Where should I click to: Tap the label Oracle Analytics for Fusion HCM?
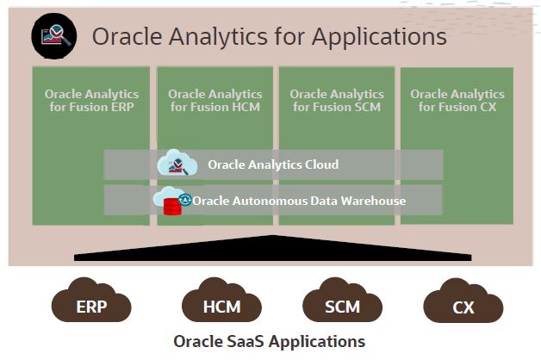click(215, 100)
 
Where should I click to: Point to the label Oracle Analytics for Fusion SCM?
click(336, 100)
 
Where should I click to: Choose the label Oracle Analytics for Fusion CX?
click(457, 100)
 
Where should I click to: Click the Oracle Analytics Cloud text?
click(273, 164)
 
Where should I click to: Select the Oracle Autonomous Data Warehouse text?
click(299, 201)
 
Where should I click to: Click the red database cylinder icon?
click(172, 206)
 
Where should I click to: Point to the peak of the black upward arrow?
click(274, 237)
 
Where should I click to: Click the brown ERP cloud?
click(91, 303)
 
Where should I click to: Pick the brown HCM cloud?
click(221, 303)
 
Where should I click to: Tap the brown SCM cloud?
click(343, 303)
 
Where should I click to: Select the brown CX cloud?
click(463, 303)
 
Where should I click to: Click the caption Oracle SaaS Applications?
click(270, 341)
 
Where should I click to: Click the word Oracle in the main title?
click(126, 37)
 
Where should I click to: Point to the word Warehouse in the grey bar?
click(373, 201)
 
